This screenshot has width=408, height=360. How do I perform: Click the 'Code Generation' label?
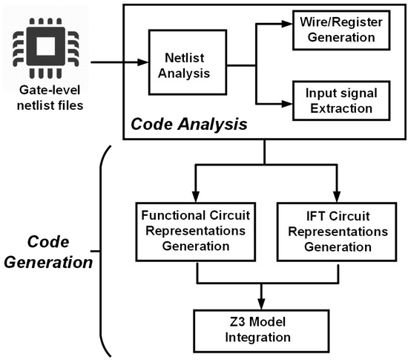click(56, 252)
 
